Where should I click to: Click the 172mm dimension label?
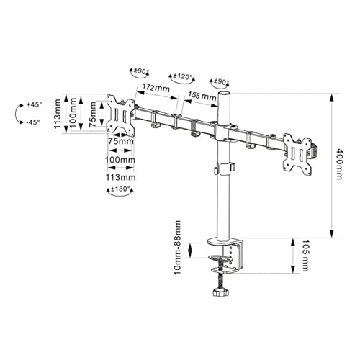[156, 88]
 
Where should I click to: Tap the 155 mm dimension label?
[202, 96]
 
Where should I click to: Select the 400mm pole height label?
[339, 164]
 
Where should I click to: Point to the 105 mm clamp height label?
[305, 255]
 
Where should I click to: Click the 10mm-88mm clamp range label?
[178, 248]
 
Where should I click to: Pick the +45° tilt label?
[34, 105]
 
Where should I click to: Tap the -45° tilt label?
[33, 122]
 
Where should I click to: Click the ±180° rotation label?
[120, 189]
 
